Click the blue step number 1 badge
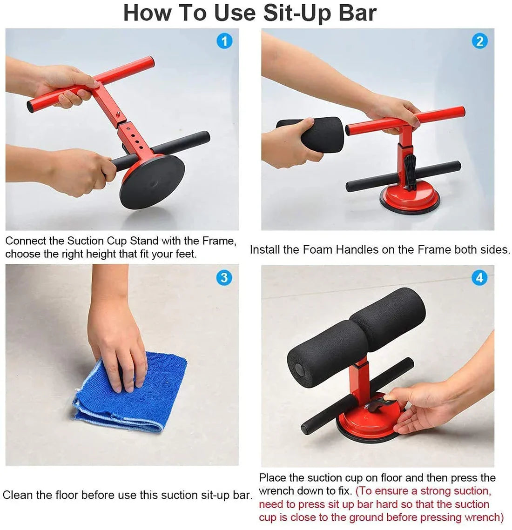coord(224,41)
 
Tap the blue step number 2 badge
coord(479,41)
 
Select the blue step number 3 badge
coord(224,278)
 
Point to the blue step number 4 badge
coord(479,278)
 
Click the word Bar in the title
coord(357,13)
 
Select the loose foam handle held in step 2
coord(321,134)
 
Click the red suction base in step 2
coord(410,198)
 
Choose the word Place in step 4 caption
coord(272,478)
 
